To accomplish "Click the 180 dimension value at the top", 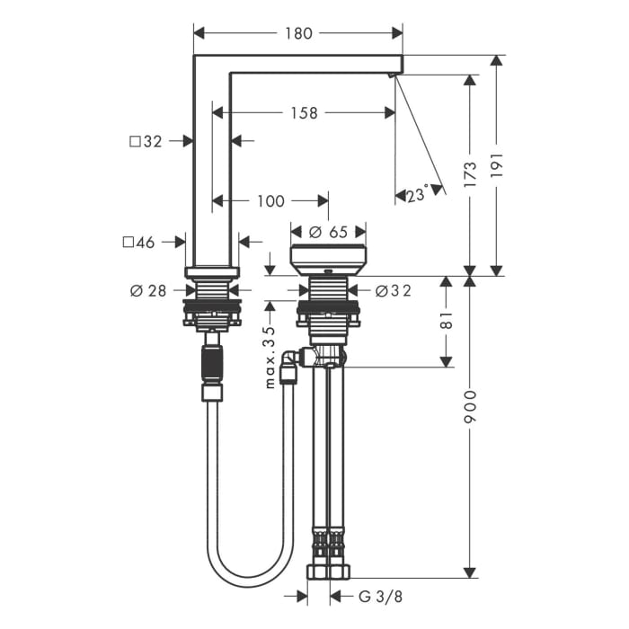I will point(298,33).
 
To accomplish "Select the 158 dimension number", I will point(304,113).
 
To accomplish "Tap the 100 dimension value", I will point(270,201).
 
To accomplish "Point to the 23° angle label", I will point(417,195).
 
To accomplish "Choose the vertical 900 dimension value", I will point(469,410).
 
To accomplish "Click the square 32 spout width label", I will point(146,141).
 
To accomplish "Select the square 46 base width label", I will point(138,243).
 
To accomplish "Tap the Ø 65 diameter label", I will point(328,232).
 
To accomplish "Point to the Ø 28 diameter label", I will point(148,290).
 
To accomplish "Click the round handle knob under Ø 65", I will point(328,259).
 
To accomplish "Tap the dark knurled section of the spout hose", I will point(212,366).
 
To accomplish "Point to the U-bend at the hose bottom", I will point(250,575).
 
